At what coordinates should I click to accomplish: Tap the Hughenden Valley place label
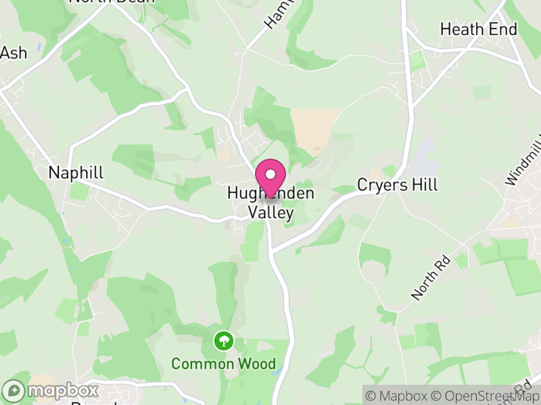coord(270,203)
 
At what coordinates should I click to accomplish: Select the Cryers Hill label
coord(398,185)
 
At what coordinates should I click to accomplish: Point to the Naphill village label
coord(76,173)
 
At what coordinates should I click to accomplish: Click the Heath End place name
coord(478,29)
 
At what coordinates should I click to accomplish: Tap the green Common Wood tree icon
coord(222,341)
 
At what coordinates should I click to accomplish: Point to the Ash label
coord(14,53)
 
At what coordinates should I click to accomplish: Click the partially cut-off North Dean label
coord(112,2)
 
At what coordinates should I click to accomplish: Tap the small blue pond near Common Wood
coord(272,365)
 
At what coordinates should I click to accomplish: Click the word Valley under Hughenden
coord(270,213)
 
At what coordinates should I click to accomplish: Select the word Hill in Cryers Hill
coord(425,185)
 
